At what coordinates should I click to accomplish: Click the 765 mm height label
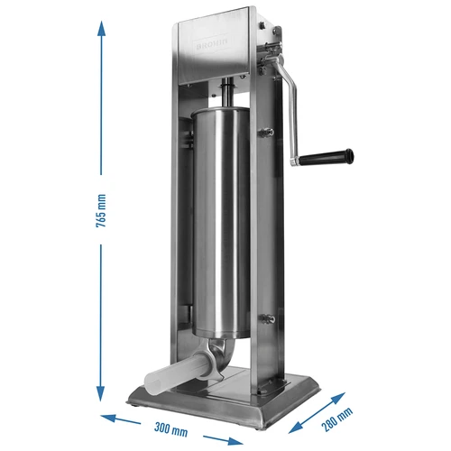pyautogui.click(x=102, y=214)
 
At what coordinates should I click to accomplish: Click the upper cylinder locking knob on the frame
pyautogui.click(x=267, y=133)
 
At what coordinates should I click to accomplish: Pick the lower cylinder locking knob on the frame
pyautogui.click(x=267, y=318)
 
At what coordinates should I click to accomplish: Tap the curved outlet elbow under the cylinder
pyautogui.click(x=221, y=356)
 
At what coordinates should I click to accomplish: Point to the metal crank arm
pyautogui.click(x=294, y=108)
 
